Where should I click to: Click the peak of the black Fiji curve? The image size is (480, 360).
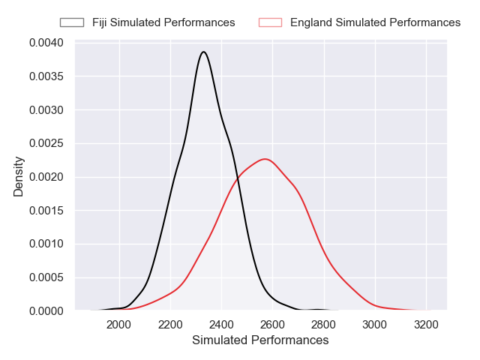[203, 52]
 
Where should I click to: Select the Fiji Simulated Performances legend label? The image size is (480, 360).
[163, 22]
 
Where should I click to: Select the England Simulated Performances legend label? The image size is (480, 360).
[375, 22]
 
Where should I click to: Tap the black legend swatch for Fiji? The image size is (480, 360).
[73, 22]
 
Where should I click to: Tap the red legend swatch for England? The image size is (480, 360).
[269, 22]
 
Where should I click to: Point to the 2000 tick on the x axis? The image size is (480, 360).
[119, 325]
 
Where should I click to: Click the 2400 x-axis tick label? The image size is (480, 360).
[221, 325]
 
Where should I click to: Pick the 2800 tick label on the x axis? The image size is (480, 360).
[324, 325]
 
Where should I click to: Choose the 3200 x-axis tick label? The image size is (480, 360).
[426, 325]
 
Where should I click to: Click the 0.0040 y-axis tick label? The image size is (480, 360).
[46, 43]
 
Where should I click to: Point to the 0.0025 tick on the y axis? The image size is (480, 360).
[46, 143]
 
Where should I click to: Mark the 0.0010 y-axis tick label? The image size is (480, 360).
[46, 244]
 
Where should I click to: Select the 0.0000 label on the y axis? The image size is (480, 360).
[46, 310]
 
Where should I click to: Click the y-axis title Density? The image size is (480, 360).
[19, 176]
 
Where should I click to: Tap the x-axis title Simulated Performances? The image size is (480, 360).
[260, 340]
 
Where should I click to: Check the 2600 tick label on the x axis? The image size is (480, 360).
[272, 325]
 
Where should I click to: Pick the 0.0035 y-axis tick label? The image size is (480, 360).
[46, 76]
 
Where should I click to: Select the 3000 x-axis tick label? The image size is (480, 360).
[375, 325]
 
